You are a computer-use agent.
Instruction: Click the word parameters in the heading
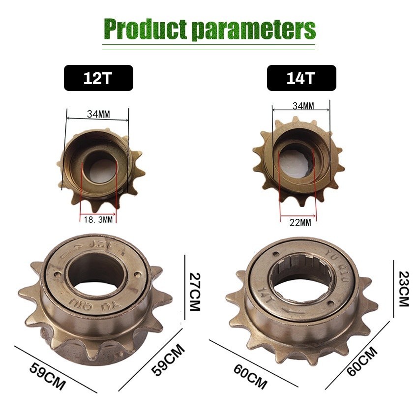click(254, 30)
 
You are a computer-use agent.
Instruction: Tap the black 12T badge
click(98, 78)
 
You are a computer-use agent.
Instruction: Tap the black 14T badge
click(301, 78)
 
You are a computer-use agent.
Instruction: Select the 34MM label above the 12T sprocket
click(98, 115)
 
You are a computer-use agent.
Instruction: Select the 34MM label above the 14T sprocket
click(303, 106)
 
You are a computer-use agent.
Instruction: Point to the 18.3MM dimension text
click(98, 220)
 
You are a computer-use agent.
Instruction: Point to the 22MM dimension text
click(300, 222)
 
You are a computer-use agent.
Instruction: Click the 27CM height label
click(194, 292)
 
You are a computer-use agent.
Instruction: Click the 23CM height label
click(403, 289)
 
